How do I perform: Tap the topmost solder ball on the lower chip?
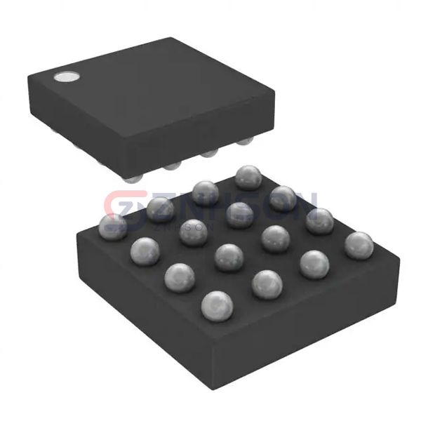coord(248,178)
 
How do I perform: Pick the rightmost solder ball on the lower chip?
coord(359,245)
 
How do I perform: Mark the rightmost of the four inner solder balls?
coord(275,238)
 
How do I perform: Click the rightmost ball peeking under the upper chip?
coord(244,143)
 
